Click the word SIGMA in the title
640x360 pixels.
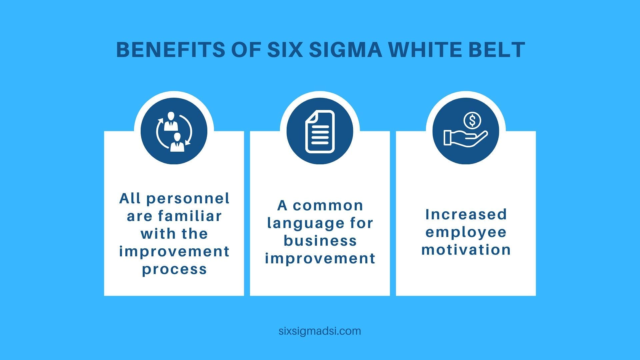coord(345,50)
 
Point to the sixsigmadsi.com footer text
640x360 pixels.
coord(320,331)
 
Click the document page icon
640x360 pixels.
coord(320,131)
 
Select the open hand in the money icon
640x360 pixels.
coord(466,138)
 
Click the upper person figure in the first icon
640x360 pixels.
coord(171,121)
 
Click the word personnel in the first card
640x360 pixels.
coord(188,199)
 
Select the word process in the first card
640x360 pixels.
coord(174,269)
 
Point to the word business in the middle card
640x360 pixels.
coord(320,241)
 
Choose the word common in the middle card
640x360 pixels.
coord(328,206)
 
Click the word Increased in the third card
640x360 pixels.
coord(466,214)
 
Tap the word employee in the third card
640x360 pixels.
coord(466,233)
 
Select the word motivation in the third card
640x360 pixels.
coord(466,250)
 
